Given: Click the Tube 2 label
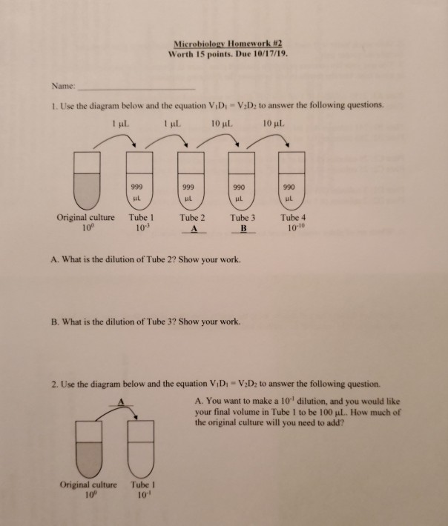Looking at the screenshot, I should click(192, 218).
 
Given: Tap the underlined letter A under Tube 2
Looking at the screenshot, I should click(192, 230).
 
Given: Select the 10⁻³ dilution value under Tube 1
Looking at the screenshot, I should click(139, 227).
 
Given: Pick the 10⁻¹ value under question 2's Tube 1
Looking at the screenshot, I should click(140, 494).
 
